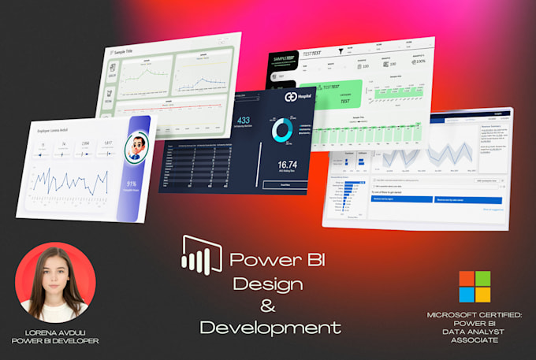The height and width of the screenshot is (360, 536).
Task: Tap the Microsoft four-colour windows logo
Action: tap(475, 286)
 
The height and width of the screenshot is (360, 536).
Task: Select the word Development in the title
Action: tap(270, 327)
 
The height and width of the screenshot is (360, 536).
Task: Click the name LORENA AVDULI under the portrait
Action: tap(56, 332)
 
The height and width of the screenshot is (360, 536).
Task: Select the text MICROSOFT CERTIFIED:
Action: tap(474, 314)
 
